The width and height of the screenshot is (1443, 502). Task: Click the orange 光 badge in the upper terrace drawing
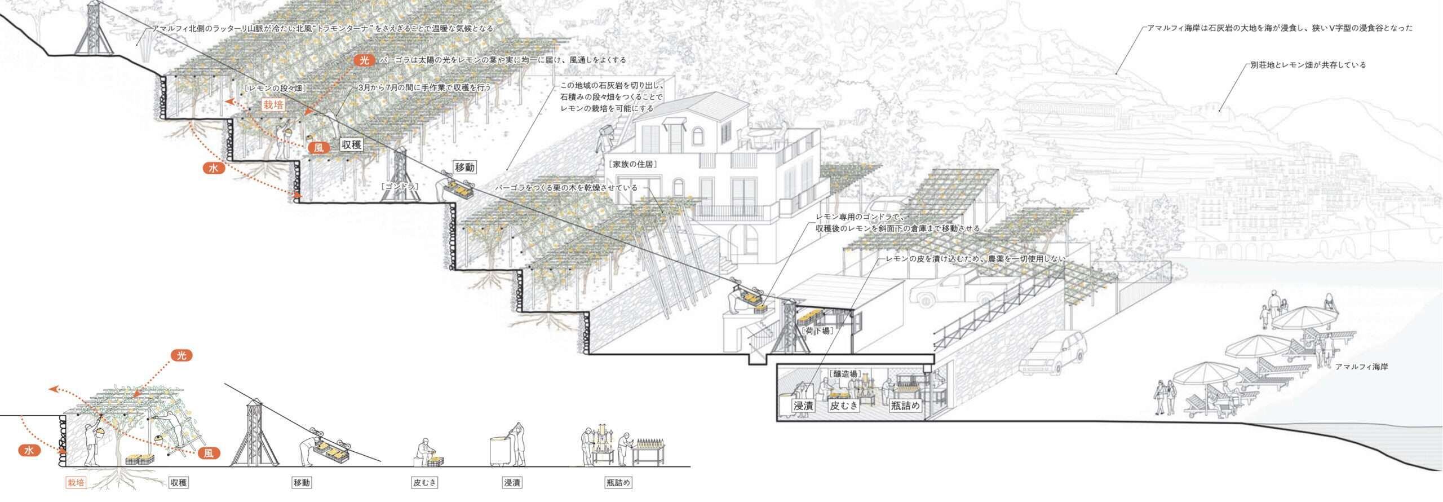tap(365, 60)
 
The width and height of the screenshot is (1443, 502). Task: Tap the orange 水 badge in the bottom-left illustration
tap(29, 450)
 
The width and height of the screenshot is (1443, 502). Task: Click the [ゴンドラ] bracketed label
tap(399, 185)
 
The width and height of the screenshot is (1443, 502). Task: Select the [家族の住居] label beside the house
tap(632, 164)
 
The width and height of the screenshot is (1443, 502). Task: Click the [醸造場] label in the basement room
tap(844, 373)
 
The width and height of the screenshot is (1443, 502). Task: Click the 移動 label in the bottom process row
tap(302, 483)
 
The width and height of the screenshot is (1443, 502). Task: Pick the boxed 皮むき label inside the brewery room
tap(843, 405)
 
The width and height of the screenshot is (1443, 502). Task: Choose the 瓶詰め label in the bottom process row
tap(618, 483)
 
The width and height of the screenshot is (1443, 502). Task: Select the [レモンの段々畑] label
tap(276, 88)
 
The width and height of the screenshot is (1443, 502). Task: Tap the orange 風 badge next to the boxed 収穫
tap(319, 148)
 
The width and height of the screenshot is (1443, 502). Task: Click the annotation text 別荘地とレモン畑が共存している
tap(1304, 65)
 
